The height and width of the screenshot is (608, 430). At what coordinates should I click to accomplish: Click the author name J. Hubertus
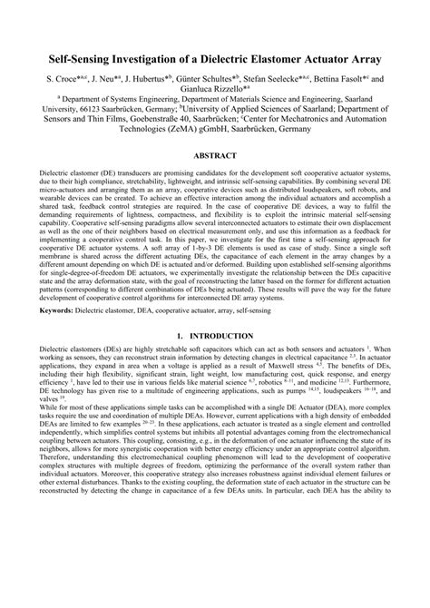(152, 80)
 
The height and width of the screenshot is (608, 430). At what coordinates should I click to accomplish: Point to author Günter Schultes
(213, 80)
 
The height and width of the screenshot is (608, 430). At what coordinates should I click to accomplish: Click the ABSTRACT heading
(214, 181)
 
